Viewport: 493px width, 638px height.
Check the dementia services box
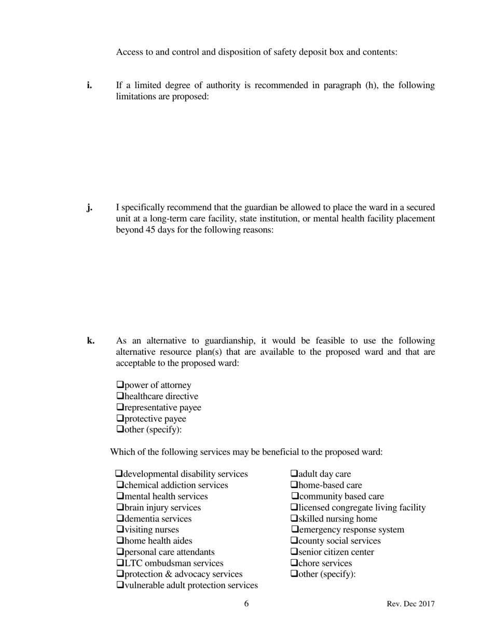[120, 519]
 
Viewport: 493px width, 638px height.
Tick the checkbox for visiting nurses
[120, 530]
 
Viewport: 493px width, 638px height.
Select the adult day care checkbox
[294, 474]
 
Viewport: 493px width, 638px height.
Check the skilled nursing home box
[294, 519]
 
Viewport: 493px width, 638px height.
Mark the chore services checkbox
[294, 563]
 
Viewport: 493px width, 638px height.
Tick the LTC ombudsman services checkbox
[120, 563]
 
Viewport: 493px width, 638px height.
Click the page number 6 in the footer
[246, 604]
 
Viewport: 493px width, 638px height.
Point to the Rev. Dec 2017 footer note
[410, 604]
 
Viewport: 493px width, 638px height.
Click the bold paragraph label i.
[89, 85]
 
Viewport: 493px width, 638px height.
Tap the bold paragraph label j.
[90, 207]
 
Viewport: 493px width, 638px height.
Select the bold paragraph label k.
[91, 341]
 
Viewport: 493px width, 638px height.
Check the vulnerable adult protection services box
[120, 586]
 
